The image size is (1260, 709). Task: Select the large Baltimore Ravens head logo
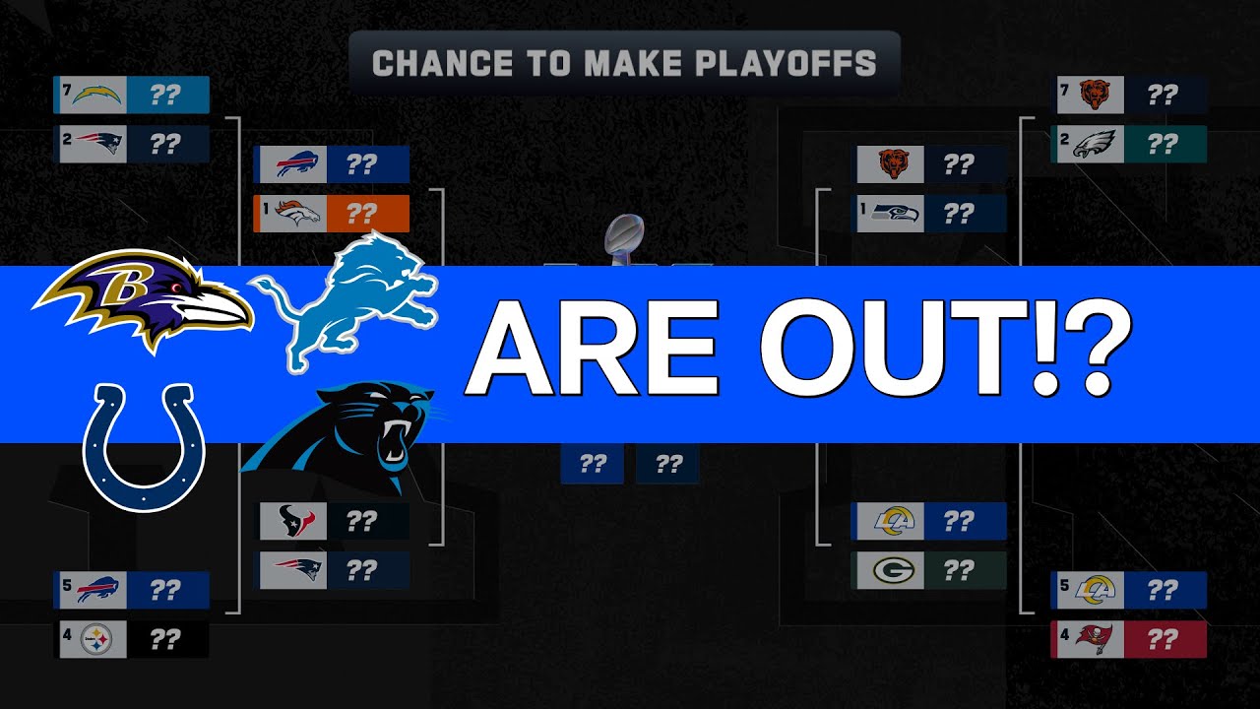(143, 299)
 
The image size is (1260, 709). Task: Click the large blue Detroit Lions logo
(345, 299)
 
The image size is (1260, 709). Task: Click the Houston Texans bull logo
(293, 521)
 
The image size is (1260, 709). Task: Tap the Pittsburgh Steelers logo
(95, 640)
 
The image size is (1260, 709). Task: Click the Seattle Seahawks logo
(890, 214)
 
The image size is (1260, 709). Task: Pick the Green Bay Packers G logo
(890, 569)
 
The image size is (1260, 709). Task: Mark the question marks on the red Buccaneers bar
(1163, 640)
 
